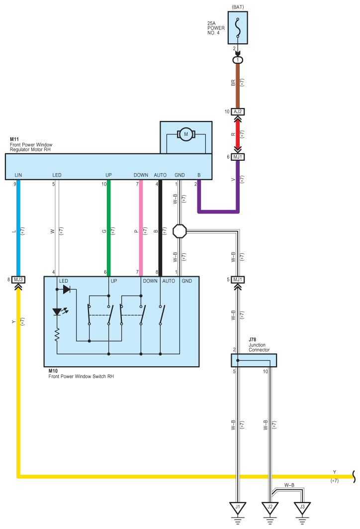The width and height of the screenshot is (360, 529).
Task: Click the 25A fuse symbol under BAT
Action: tap(238, 28)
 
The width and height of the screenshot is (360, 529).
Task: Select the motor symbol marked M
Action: tap(186, 134)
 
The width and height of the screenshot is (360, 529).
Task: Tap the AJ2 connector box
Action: tap(238, 111)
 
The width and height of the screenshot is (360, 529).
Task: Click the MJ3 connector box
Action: tap(18, 280)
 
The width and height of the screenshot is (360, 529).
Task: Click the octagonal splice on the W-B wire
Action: tap(180, 231)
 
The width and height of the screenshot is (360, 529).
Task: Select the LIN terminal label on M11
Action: tap(18, 175)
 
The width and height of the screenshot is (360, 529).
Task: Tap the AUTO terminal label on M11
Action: tap(160, 175)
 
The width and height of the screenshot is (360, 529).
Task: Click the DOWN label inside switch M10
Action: tap(150, 281)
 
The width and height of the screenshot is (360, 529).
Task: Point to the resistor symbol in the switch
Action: tap(57, 334)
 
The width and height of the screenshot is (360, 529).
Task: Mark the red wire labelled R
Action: tap(238, 134)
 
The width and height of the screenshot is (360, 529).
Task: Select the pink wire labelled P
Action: tap(141, 228)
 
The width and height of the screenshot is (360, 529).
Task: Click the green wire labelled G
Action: tap(108, 228)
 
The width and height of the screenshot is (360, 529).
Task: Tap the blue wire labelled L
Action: tap(18, 228)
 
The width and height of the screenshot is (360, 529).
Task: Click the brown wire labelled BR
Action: tap(238, 86)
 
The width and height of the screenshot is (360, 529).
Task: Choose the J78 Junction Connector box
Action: tap(254, 360)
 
